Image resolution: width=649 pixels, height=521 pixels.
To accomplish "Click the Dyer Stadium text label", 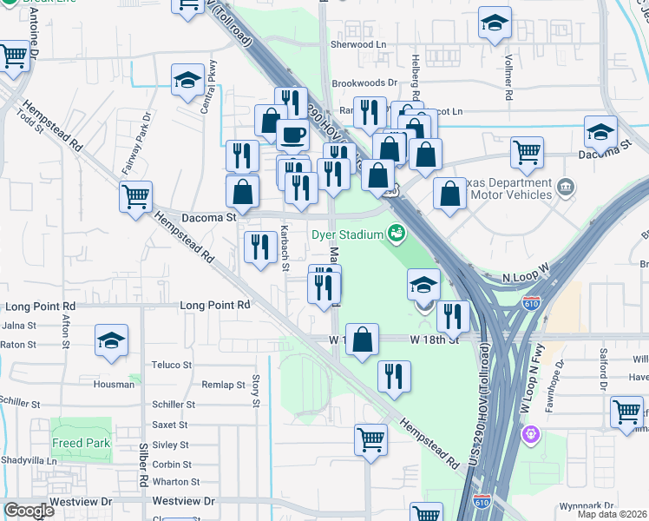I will click(x=348, y=235).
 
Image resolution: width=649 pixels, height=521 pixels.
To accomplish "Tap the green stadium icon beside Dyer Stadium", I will click(x=397, y=233).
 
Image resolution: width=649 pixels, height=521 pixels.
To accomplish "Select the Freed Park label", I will click(x=81, y=443).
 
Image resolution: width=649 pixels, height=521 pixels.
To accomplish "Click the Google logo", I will click(x=29, y=511).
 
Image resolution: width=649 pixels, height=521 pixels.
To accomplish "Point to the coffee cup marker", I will click(x=292, y=135).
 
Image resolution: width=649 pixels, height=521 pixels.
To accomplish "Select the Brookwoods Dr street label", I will click(x=368, y=83).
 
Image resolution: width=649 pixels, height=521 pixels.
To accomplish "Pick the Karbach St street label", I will click(x=285, y=247).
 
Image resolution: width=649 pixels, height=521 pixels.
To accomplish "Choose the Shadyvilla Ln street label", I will click(x=29, y=461).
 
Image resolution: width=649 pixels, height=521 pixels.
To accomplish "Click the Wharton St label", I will click(x=176, y=482).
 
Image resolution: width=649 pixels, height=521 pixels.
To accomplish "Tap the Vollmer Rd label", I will click(x=508, y=68).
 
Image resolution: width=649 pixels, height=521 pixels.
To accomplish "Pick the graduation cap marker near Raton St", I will click(x=112, y=341).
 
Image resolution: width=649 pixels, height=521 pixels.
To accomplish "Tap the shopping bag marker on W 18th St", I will click(x=362, y=340).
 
